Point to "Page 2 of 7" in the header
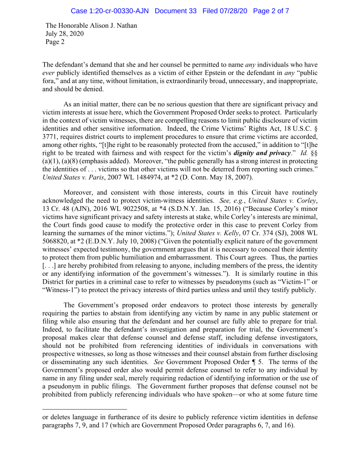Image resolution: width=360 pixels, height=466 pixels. tap(271, 11)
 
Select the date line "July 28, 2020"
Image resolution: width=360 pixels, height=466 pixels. tap(64, 34)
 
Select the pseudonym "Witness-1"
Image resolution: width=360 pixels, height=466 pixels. tap(59, 289)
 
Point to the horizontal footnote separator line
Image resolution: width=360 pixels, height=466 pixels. tap(85, 409)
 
